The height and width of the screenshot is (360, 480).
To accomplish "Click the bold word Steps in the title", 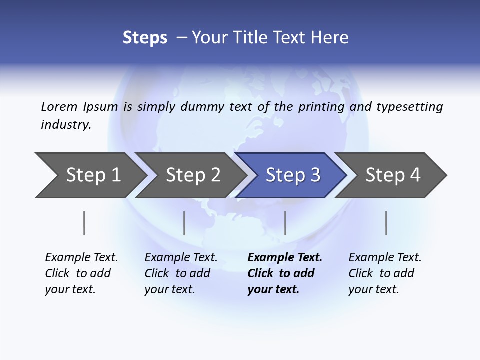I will tap(145, 38).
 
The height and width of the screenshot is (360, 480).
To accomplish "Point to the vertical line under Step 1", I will tap(84, 223).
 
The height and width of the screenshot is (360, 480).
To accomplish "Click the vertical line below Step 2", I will tap(184, 223).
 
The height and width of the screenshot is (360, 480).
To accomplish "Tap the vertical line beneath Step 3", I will tap(285, 223).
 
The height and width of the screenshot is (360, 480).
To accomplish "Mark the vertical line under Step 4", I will tap(386, 223).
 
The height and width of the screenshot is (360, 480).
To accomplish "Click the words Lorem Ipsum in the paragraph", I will tap(79, 107).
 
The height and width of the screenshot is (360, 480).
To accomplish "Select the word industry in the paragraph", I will tap(65, 125).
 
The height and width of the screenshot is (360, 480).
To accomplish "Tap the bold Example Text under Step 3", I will tap(285, 258).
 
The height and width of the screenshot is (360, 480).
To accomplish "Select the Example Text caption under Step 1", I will tap(81, 258).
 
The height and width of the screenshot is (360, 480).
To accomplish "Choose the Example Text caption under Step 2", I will tap(181, 258).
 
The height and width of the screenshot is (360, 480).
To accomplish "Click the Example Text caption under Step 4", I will tap(385, 258).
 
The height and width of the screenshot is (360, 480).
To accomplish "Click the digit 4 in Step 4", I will tap(415, 175).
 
